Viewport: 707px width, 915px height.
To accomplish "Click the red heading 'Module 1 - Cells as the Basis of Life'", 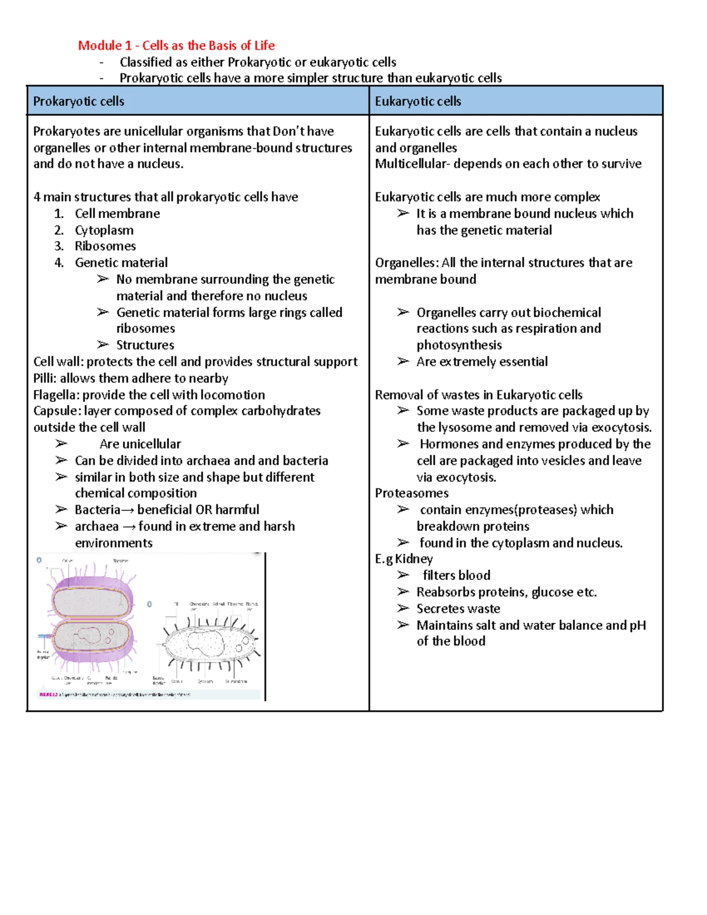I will coord(176,45).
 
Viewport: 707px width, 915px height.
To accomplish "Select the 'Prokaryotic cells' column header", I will coord(78,101).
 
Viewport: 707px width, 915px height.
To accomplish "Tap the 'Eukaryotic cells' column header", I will coord(418,101).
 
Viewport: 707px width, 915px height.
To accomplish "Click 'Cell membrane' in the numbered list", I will coord(117,214).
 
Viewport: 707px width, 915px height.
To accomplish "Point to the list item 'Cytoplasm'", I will coord(104,230).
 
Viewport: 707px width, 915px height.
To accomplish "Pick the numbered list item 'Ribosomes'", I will coord(105,246).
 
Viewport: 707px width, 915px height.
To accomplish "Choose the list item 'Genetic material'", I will coord(121,263).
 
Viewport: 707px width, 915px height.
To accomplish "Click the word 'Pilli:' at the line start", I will coord(45,378).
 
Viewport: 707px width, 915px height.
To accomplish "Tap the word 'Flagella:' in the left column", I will coord(57,395).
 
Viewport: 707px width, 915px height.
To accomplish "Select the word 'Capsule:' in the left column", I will coord(57,411).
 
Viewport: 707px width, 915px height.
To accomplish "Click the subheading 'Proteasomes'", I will coord(411,493).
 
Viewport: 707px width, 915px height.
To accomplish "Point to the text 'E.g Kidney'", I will coord(404,559).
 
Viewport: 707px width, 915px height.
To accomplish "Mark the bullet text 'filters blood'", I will coord(456,575).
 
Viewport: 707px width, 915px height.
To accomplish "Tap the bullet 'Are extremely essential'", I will coord(481,362).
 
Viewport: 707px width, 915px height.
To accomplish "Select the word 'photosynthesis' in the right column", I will coord(459,345).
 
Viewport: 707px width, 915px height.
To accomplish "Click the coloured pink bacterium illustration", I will coord(91,619).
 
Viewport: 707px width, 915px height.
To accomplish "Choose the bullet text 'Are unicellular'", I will coord(140,444).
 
